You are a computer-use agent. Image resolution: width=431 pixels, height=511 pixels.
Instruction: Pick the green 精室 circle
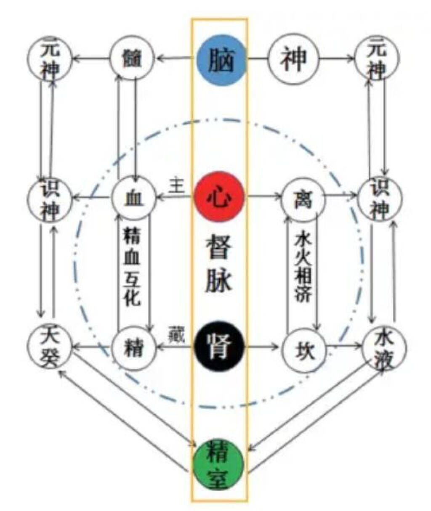tap(218, 465)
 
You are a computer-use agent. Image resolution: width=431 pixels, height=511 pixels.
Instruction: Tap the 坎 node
tap(304, 348)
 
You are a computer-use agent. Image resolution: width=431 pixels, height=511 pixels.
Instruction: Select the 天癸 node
tap(50, 347)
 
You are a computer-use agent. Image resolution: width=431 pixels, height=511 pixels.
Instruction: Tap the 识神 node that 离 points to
tap(380, 198)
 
